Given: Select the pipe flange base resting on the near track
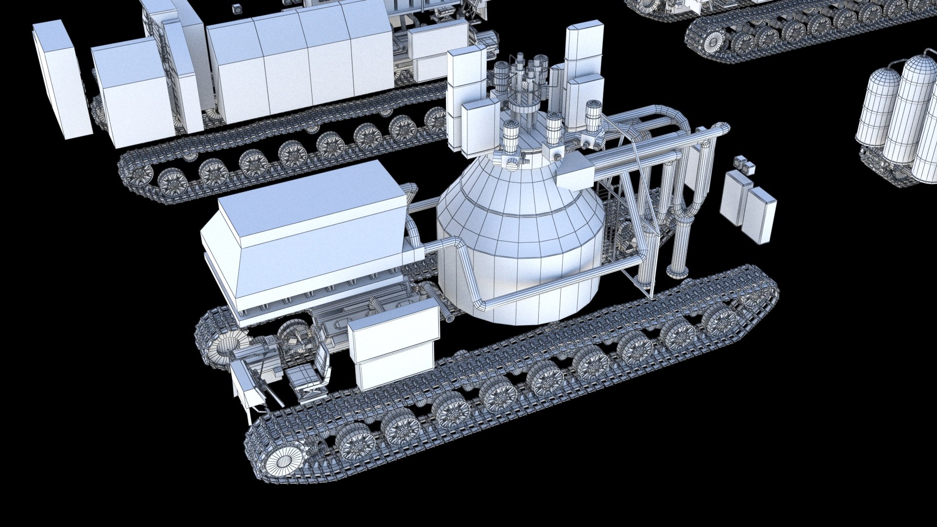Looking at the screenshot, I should (x=676, y=271).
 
